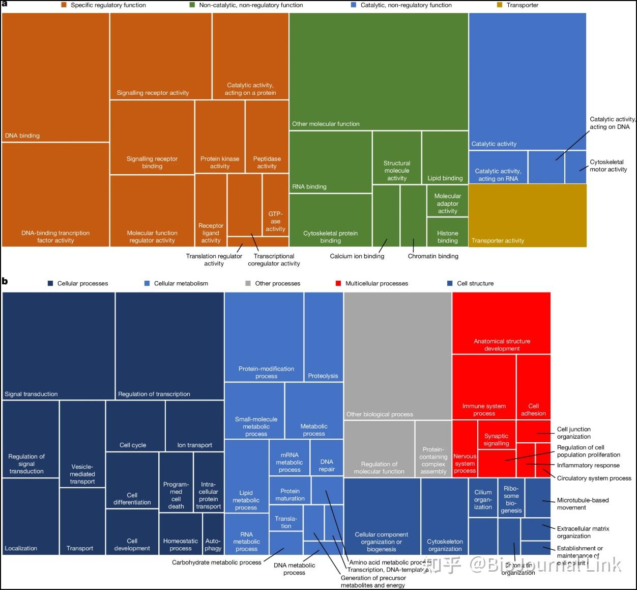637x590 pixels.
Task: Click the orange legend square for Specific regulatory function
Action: pos(64,5)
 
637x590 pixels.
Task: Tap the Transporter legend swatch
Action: pos(500,5)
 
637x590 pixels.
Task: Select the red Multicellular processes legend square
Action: pos(338,283)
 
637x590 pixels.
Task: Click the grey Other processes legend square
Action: pos(248,283)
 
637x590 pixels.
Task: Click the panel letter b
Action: pos(5,281)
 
